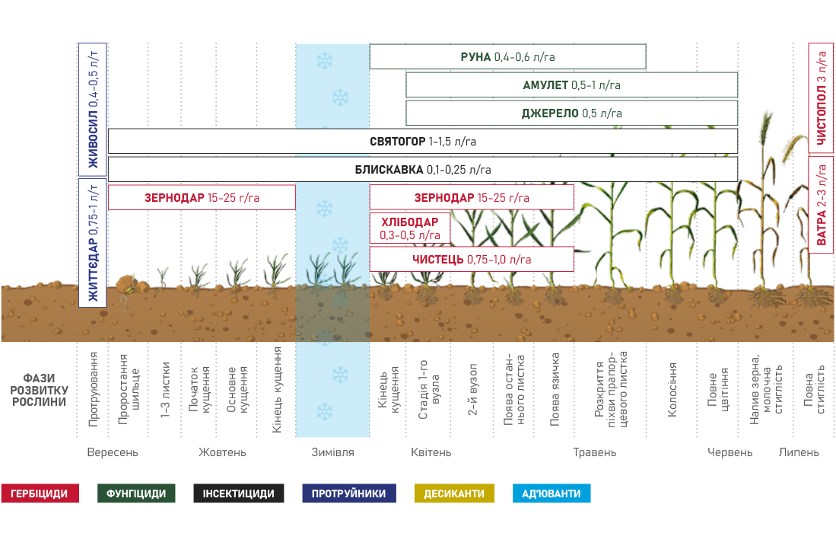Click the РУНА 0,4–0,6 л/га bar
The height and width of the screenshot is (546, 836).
tap(507, 57)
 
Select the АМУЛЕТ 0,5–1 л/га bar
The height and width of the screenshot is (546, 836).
tap(571, 85)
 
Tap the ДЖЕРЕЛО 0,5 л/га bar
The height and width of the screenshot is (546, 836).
tap(571, 113)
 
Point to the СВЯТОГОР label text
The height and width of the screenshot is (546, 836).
tap(396, 142)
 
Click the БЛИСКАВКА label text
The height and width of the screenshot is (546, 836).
tap(389, 170)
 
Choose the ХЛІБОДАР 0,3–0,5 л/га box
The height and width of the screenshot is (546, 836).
tap(409, 228)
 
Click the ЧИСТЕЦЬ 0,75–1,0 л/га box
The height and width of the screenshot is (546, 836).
tap(471, 259)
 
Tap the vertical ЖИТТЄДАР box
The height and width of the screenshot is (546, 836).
tap(93, 242)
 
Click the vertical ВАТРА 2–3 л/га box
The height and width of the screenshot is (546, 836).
tap(821, 204)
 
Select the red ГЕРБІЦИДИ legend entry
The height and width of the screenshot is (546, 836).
tap(44, 493)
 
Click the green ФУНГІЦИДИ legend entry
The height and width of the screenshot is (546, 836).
tap(138, 493)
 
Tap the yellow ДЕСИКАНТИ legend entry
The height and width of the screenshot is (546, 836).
tap(454, 493)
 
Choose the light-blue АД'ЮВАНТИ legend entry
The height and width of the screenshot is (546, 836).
tap(552, 493)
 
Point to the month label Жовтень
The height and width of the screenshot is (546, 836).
tap(222, 452)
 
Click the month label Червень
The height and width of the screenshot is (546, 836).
tap(730, 452)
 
